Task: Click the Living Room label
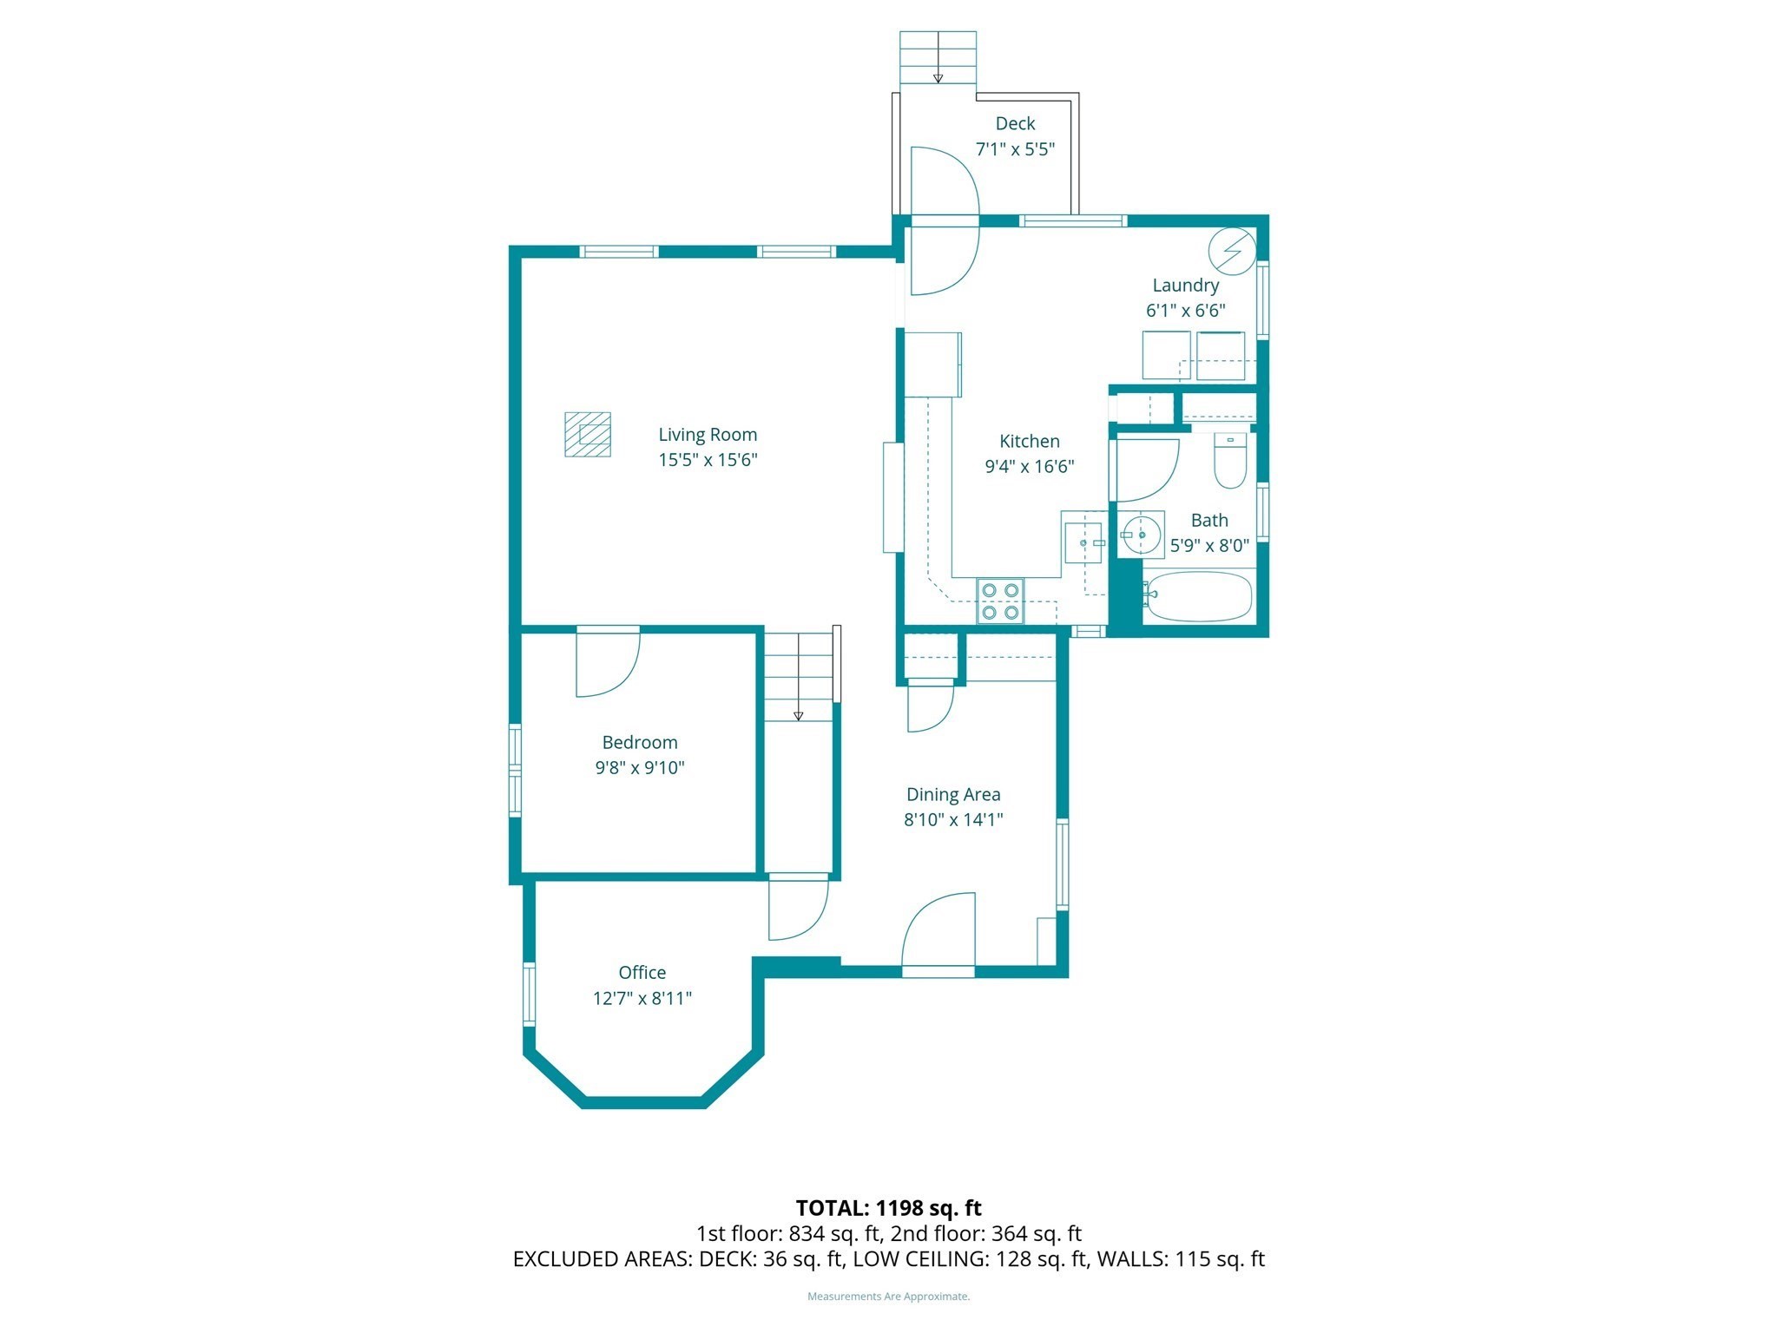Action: click(x=707, y=435)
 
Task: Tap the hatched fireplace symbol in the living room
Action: click(x=588, y=434)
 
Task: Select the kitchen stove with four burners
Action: click(x=999, y=601)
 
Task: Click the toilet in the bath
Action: click(x=1229, y=461)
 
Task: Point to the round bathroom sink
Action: click(x=1141, y=534)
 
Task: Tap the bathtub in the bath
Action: click(x=1199, y=596)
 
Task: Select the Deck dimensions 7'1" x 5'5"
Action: click(x=1015, y=149)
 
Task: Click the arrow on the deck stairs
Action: click(x=938, y=76)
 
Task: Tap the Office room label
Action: click(x=642, y=973)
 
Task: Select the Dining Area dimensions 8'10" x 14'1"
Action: click(x=953, y=819)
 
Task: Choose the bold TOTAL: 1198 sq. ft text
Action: click(x=888, y=1208)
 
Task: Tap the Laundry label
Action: click(x=1185, y=286)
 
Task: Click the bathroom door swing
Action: click(x=1144, y=470)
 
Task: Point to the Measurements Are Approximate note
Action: click(x=888, y=1297)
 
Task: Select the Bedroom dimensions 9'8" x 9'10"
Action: click(x=639, y=768)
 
